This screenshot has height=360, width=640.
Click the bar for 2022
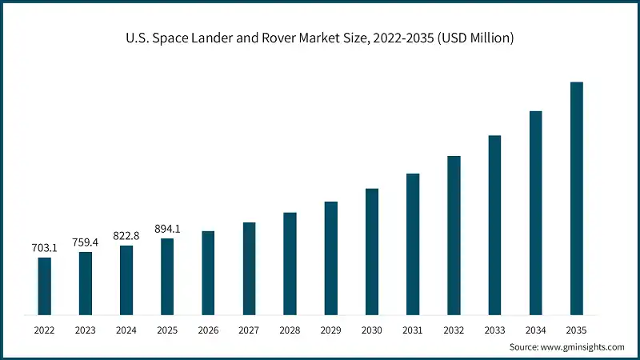coord(45,286)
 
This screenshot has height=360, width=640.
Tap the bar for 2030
coord(372,251)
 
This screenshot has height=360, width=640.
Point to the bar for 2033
coord(494,225)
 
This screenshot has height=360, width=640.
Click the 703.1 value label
coord(45,248)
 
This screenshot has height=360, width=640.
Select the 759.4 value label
coord(86,242)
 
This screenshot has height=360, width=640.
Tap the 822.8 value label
coord(126,235)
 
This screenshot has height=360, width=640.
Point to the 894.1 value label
coord(167,229)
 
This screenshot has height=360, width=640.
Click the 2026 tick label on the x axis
coord(208,329)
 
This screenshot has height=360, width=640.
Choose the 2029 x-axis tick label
coord(330,329)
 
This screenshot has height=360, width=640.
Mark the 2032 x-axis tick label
coord(454,329)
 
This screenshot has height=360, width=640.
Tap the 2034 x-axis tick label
coord(535,329)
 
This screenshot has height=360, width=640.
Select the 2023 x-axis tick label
coord(86,329)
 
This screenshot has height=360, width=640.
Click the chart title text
coord(320,38)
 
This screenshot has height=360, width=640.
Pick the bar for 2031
coord(413,244)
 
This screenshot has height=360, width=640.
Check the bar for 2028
coord(290,263)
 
